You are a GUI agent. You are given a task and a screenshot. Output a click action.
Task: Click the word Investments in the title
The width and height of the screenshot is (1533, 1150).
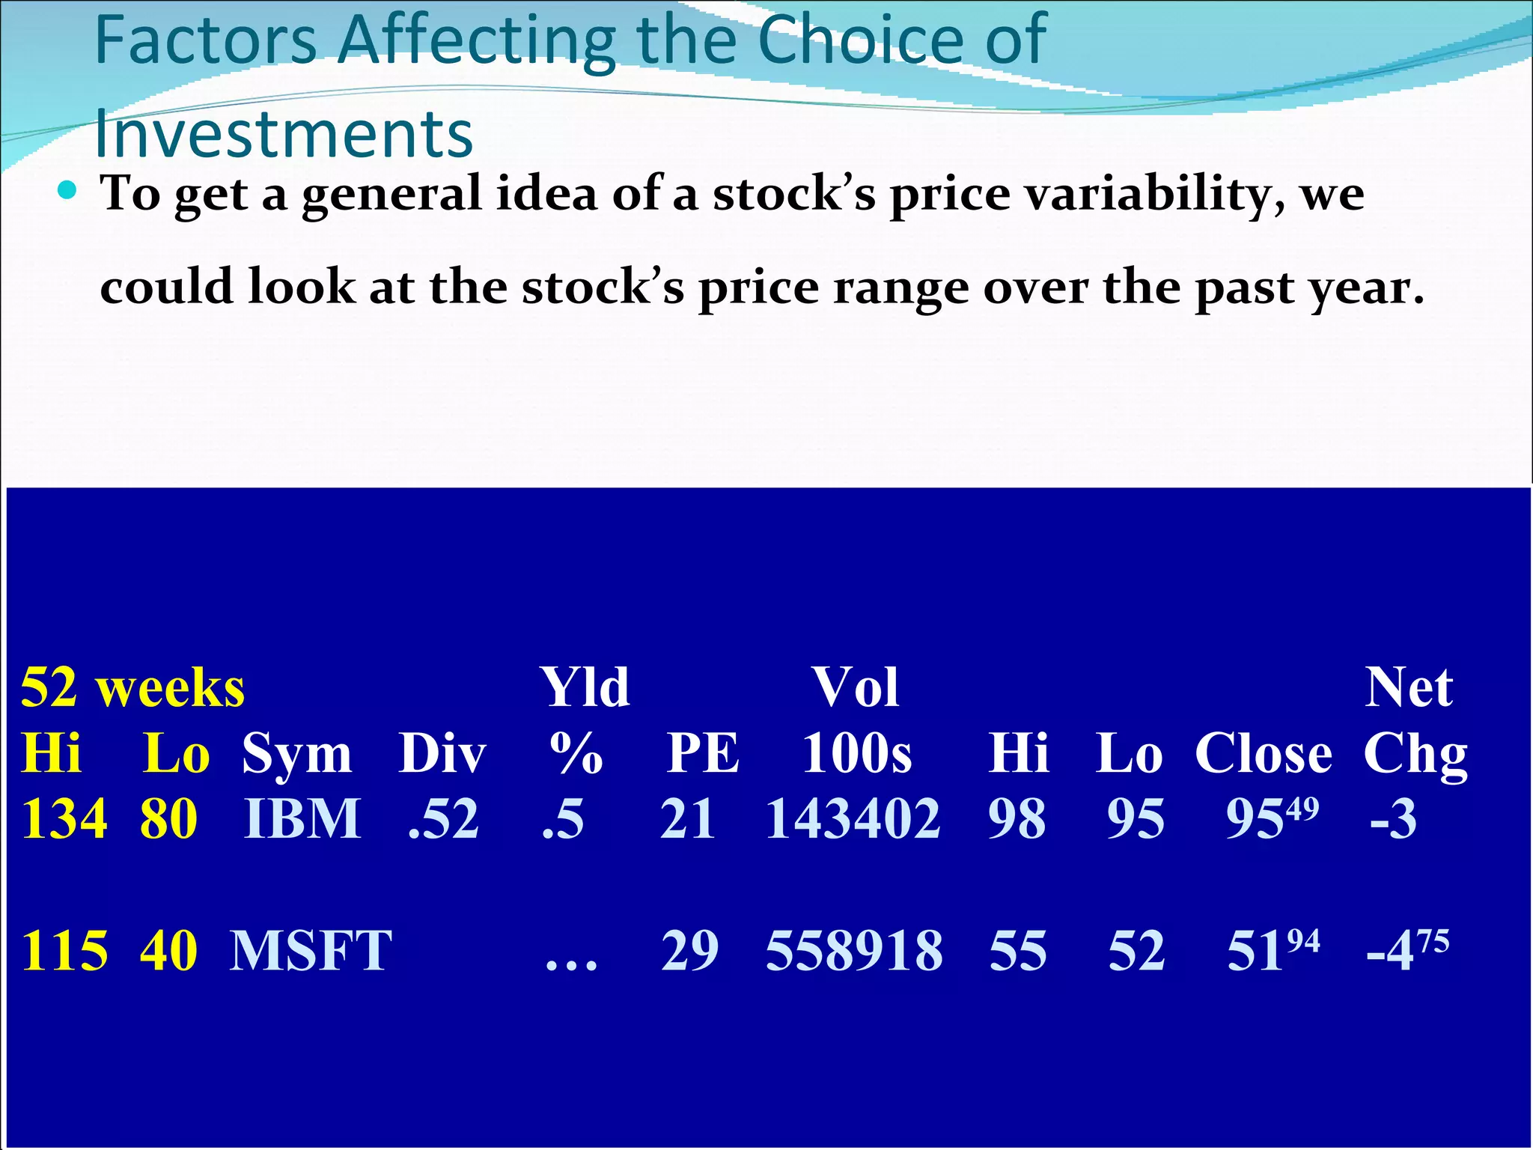(284, 135)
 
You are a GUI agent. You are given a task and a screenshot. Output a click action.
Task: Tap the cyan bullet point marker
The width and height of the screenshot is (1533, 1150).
(67, 191)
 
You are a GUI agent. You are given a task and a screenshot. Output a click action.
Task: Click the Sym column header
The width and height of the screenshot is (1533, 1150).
(296, 754)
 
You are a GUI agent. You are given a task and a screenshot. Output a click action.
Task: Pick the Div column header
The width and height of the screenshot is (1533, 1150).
(442, 753)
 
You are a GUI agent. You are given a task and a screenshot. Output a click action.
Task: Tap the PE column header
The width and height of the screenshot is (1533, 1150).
(703, 753)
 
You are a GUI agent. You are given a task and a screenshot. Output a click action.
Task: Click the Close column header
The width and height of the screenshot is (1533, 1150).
(1264, 753)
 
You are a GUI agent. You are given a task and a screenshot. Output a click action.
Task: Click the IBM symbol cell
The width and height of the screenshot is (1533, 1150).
(302, 819)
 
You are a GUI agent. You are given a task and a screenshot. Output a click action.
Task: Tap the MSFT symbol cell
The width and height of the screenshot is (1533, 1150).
(310, 951)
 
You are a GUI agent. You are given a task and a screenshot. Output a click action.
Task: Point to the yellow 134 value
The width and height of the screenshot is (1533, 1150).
(64, 819)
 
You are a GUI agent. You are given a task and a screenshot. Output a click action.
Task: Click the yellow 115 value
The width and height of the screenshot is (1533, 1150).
(64, 951)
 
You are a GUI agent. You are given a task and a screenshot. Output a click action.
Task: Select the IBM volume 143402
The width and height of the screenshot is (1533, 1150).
(853, 819)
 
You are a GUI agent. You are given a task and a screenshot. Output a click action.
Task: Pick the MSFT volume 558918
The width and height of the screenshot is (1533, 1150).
(854, 951)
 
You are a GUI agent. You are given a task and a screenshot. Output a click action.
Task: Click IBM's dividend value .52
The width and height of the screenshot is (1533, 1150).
(443, 819)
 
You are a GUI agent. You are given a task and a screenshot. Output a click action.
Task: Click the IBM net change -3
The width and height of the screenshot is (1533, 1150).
(1393, 819)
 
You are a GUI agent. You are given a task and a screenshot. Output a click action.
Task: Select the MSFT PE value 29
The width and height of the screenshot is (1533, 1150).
(689, 951)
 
